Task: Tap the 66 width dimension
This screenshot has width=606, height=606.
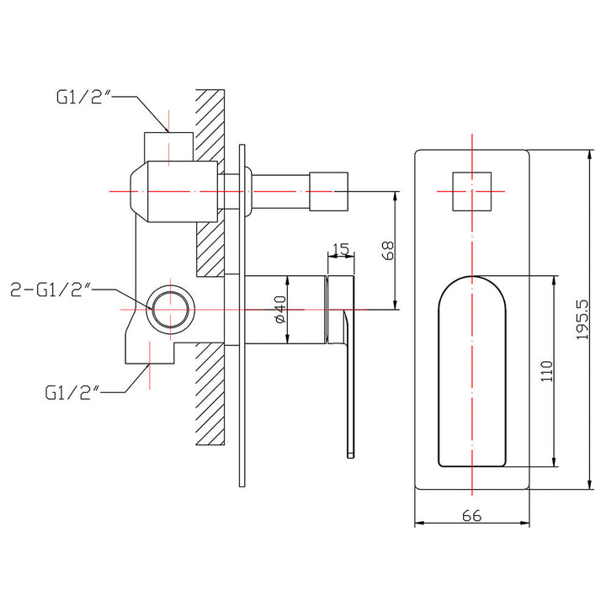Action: [471, 517]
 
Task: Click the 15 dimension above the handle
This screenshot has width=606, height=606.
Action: [341, 249]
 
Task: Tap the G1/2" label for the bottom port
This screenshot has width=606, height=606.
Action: [72, 391]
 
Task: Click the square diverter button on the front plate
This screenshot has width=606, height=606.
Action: [471, 192]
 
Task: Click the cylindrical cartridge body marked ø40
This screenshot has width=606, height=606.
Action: [286, 309]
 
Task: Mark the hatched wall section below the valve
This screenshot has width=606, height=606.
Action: [210, 396]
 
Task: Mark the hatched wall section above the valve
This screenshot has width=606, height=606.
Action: [210, 118]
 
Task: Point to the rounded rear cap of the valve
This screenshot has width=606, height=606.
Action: [139, 192]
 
